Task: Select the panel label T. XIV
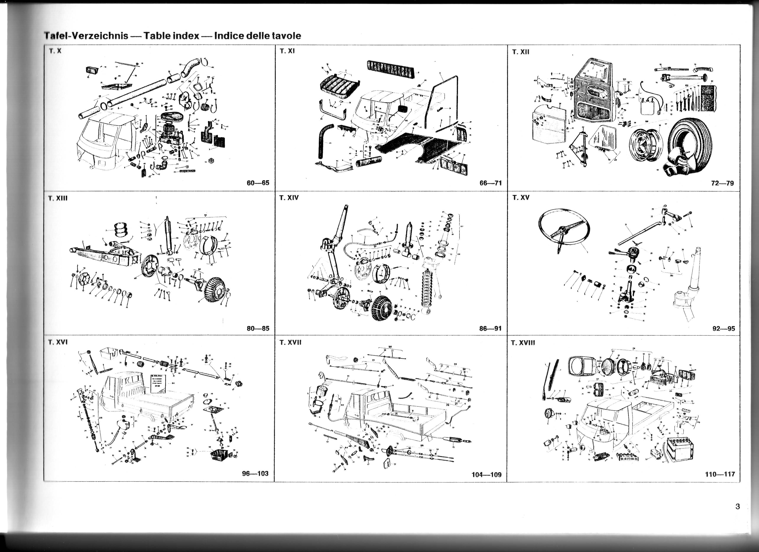tap(289, 198)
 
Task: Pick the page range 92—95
tap(724, 328)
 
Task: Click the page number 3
tap(738, 507)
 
